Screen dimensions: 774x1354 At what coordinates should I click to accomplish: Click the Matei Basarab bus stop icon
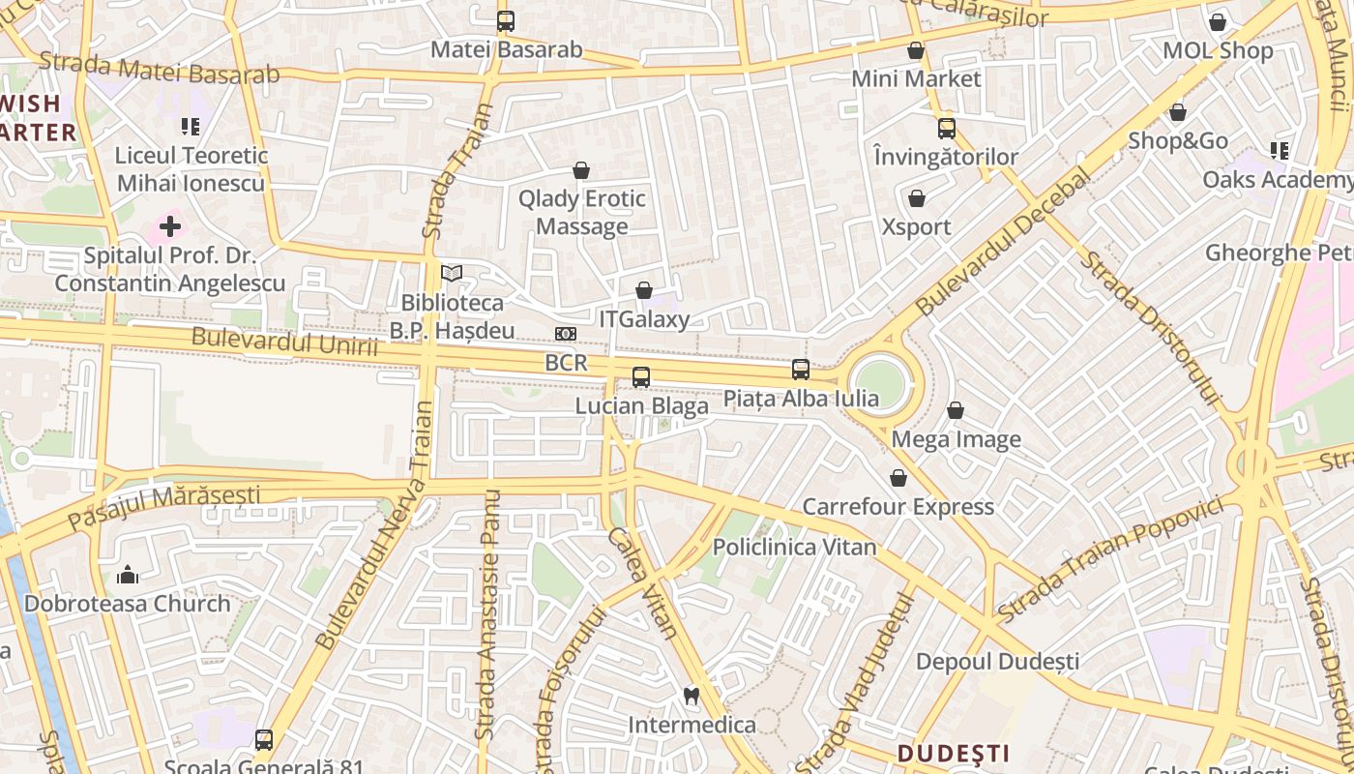tap(505, 20)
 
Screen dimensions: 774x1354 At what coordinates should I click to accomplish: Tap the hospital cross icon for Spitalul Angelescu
tap(170, 227)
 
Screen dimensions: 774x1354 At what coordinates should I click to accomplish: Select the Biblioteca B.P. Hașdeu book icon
tap(452, 273)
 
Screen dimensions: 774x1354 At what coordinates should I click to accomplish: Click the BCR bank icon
tap(566, 334)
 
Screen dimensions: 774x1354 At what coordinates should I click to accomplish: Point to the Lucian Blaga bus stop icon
tap(641, 377)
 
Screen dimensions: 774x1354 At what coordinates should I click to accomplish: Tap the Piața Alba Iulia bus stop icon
tap(801, 370)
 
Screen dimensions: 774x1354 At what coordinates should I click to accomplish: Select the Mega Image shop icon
tap(956, 410)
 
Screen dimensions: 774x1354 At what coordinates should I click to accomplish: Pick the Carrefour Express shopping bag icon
tap(898, 478)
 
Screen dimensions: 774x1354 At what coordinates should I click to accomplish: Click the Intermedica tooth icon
tap(692, 696)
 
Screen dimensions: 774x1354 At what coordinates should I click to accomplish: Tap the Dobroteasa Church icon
tap(128, 576)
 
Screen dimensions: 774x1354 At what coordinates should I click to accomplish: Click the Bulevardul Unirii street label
tap(284, 342)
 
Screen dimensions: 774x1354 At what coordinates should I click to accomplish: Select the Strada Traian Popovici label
tap(1117, 559)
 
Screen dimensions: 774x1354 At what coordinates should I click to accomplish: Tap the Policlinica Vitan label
tap(794, 547)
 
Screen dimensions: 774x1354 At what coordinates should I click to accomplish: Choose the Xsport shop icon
tap(917, 198)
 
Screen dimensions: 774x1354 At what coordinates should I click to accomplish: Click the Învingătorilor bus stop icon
tap(947, 128)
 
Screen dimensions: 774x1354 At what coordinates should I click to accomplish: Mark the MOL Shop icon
tap(1218, 21)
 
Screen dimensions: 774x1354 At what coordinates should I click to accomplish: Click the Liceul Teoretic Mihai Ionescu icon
tap(191, 126)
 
